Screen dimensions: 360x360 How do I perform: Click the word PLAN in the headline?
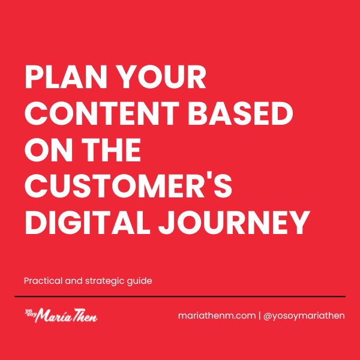tap(65, 77)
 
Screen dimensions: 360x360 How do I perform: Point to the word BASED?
tap(241, 113)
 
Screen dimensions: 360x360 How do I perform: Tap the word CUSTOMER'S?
tap(128, 186)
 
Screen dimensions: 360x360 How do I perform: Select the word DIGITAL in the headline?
tap(88, 223)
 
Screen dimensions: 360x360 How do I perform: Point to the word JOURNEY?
tap(234, 223)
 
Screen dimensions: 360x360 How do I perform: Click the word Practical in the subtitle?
tap(43, 281)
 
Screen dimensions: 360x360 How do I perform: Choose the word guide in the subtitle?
tap(140, 281)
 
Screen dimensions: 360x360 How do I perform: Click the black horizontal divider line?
tap(180, 296)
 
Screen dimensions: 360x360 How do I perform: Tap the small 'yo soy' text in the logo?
tap(29, 313)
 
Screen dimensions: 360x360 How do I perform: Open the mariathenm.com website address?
tap(217, 316)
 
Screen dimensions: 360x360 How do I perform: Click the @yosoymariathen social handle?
tap(304, 316)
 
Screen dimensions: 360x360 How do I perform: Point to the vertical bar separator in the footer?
tap(259, 316)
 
